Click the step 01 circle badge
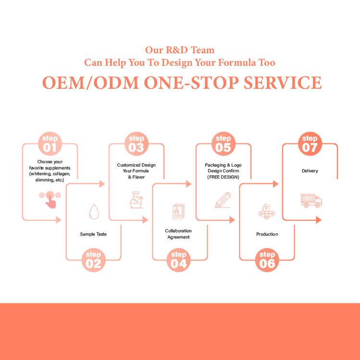(50, 143)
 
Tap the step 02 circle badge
(94, 260)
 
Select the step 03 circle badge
(136, 143)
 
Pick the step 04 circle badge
(179, 260)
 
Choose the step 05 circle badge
(223, 143)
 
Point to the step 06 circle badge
(267, 260)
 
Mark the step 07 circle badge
(310, 143)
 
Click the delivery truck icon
(311, 200)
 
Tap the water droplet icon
(94, 211)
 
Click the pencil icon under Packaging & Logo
(223, 200)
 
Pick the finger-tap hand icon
(50, 199)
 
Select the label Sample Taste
(93, 234)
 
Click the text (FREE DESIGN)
(223, 177)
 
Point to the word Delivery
(310, 171)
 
